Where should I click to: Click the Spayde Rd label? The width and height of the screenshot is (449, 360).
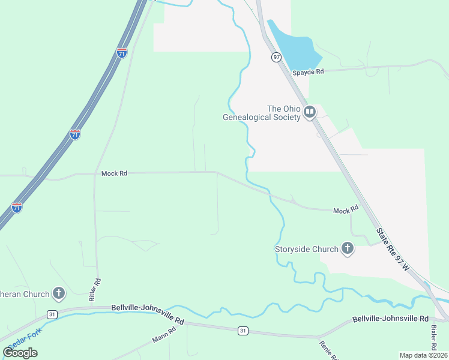(308, 72)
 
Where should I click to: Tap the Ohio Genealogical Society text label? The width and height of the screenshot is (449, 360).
(261, 113)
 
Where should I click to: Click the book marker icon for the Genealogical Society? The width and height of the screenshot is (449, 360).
(310, 112)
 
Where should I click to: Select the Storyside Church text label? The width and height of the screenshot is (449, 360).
(306, 249)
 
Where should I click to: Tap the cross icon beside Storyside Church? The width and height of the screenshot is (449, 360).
(348, 248)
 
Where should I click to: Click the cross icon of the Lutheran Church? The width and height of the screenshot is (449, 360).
(58, 293)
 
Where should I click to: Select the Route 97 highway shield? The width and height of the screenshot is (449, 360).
(276, 57)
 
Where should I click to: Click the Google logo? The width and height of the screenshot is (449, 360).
(20, 353)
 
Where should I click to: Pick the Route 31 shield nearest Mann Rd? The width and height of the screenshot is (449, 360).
(243, 330)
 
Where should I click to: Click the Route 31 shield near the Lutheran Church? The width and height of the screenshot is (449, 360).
(53, 314)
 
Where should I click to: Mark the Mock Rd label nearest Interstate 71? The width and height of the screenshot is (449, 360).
(115, 173)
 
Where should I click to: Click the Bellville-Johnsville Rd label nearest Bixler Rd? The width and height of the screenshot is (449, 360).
(390, 319)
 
